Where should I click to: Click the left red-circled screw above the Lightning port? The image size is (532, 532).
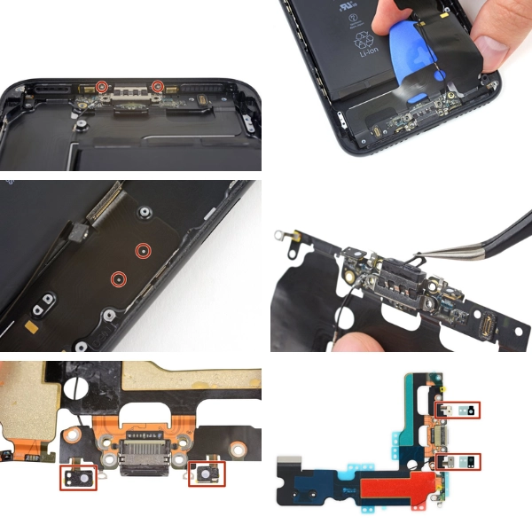(x=103, y=87)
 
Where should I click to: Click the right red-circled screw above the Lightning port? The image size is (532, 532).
(x=158, y=86)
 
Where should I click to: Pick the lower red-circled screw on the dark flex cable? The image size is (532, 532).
(x=117, y=279)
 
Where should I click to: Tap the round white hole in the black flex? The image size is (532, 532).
(x=79, y=387)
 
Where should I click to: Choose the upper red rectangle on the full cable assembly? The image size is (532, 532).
(x=458, y=410)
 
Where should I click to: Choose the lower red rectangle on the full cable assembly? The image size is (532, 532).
(x=459, y=460)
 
